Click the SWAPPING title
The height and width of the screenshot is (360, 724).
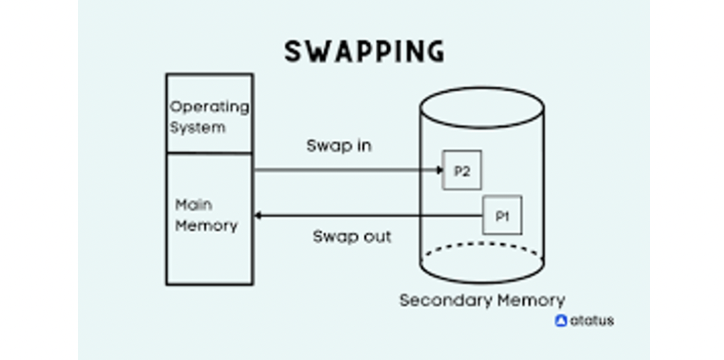pyautogui.click(x=364, y=52)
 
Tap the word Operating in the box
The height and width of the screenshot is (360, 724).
pyautogui.click(x=209, y=107)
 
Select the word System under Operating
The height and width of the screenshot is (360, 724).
pyautogui.click(x=197, y=127)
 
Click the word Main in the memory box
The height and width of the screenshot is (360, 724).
pyautogui.click(x=193, y=205)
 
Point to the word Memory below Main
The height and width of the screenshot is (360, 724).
pyautogui.click(x=206, y=226)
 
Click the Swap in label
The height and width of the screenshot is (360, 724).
pyautogui.click(x=339, y=146)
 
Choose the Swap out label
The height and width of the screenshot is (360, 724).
pyautogui.click(x=351, y=236)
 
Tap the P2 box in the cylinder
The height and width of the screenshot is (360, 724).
pyautogui.click(x=462, y=171)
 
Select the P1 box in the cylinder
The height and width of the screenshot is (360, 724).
pyautogui.click(x=502, y=215)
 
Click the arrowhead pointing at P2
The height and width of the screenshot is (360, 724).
pyautogui.click(x=439, y=170)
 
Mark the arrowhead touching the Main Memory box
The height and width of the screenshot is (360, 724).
pyautogui.click(x=258, y=215)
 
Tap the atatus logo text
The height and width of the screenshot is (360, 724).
pyautogui.click(x=592, y=321)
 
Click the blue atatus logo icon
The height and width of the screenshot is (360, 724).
pyautogui.click(x=561, y=321)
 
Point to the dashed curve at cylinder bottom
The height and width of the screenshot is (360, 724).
pyautogui.click(x=482, y=245)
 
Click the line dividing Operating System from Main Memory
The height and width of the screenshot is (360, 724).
pyautogui.click(x=209, y=154)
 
